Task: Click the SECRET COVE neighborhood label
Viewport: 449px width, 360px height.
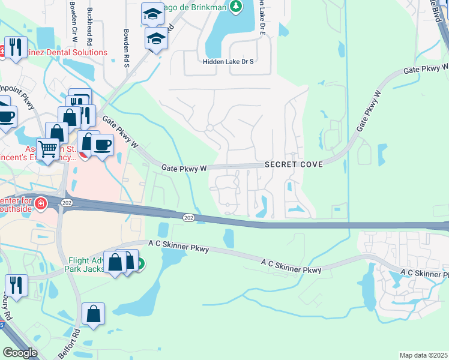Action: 294,164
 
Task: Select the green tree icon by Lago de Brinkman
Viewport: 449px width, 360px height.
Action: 238,6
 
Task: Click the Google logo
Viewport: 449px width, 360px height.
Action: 20,352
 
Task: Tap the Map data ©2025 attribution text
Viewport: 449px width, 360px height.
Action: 423,355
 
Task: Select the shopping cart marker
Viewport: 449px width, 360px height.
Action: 47,148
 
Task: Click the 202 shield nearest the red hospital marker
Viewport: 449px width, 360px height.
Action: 65,203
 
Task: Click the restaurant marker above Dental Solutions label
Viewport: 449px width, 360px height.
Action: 16,46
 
